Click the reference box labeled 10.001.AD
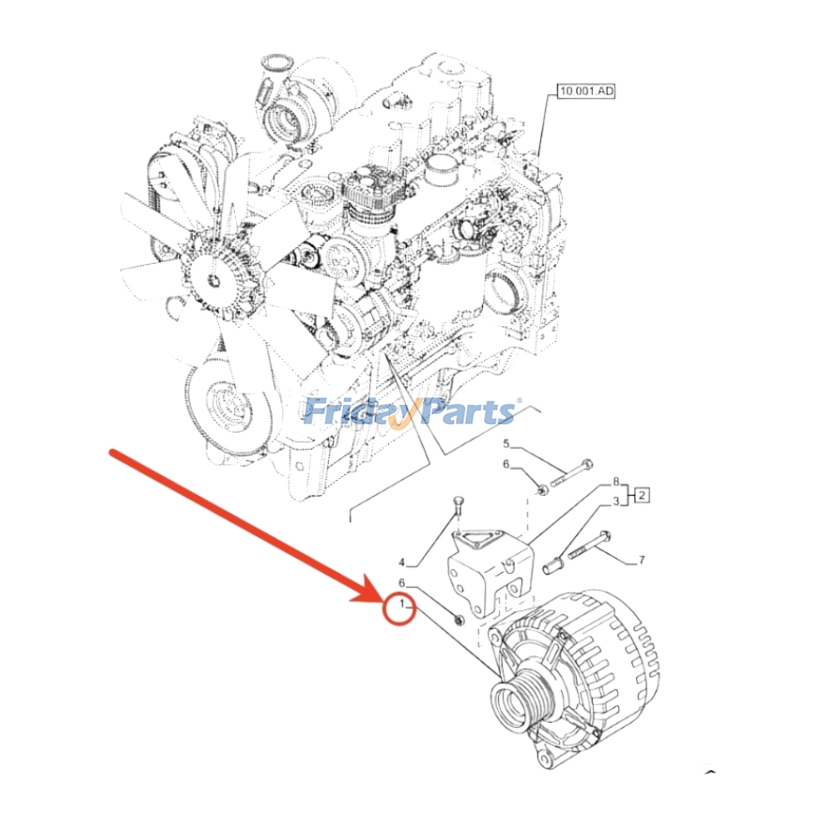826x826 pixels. (x=586, y=91)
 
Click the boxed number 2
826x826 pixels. (x=641, y=496)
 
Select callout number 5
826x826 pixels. (x=506, y=443)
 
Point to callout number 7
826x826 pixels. (x=642, y=560)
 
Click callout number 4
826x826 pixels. (x=402, y=562)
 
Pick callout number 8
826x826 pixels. (x=616, y=482)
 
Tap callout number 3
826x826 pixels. (x=616, y=501)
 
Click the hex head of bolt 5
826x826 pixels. (x=586, y=464)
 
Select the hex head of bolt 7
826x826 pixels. (x=606, y=536)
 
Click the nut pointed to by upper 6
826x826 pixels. (x=543, y=489)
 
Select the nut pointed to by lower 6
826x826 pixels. (x=458, y=619)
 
